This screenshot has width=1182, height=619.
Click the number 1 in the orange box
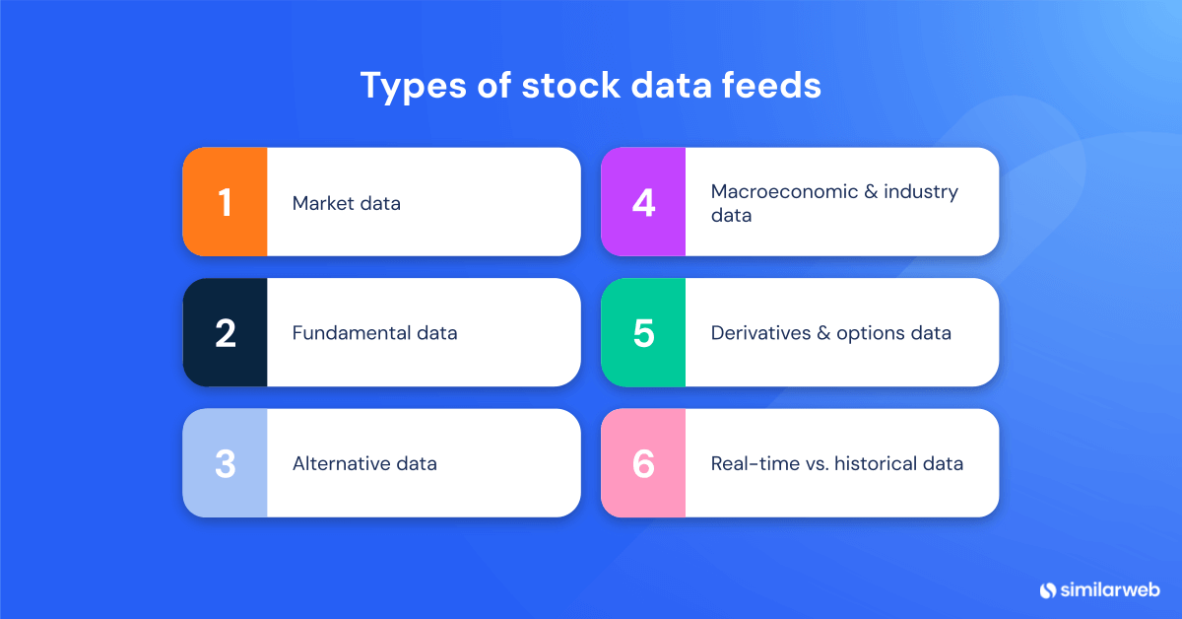pos(225,202)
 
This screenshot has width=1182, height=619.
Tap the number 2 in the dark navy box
pos(225,333)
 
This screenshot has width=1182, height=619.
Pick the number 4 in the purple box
pos(643,202)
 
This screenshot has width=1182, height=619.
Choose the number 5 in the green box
pos(643,333)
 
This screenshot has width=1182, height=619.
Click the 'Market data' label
pos(346,204)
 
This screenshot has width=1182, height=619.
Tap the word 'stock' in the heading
pos(561,85)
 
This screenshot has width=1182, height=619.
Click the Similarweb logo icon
pos(1047,589)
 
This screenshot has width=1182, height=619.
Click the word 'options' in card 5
pos(872,333)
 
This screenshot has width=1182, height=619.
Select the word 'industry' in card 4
pos(920,191)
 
